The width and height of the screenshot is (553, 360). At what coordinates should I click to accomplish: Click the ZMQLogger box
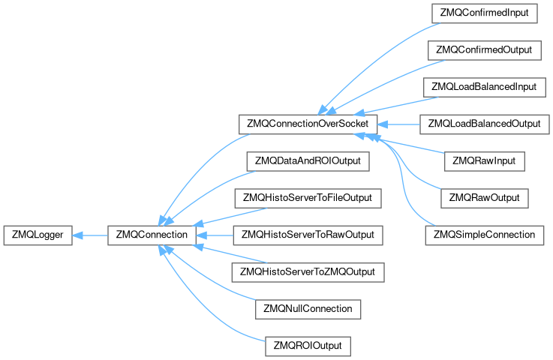[x=38, y=235]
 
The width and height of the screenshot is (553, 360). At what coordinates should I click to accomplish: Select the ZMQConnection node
[x=152, y=235]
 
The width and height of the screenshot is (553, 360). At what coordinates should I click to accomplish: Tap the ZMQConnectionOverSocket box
[x=308, y=124]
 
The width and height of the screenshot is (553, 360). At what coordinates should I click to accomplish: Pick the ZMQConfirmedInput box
[x=484, y=13]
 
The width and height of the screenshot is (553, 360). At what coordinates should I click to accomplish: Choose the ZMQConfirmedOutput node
[x=484, y=50]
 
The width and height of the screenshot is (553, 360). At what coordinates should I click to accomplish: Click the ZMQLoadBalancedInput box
[x=484, y=88]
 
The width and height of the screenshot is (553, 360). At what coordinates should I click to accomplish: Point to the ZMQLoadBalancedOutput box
[x=484, y=124]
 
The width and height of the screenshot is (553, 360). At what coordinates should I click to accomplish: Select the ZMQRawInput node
[x=484, y=161]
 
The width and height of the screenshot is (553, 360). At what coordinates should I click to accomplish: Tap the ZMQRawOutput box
[x=484, y=198]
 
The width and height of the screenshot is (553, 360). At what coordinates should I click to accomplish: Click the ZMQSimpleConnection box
[x=484, y=235]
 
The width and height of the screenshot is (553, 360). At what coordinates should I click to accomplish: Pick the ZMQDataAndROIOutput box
[x=308, y=161]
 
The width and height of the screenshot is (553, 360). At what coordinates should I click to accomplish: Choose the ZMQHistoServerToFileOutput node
[x=308, y=198]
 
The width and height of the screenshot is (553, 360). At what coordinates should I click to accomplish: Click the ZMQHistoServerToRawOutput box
[x=308, y=235]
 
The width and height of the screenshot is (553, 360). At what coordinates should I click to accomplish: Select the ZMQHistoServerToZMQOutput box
[x=308, y=272]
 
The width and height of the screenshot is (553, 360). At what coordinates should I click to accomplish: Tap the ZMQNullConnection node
[x=308, y=309]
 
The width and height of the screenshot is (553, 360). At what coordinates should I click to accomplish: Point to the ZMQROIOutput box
[x=308, y=346]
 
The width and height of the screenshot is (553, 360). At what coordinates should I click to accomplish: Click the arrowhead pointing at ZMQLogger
[x=77, y=235]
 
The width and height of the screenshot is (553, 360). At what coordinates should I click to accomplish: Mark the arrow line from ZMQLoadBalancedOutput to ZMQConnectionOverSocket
[x=398, y=124]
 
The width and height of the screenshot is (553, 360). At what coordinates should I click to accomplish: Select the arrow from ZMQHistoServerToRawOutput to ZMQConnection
[x=215, y=235]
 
